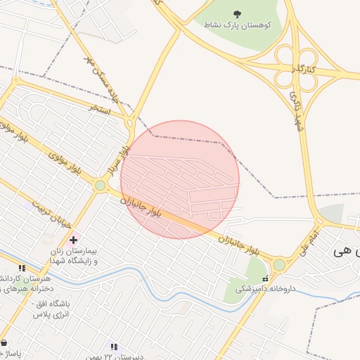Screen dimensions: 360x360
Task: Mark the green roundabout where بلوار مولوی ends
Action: (101, 186)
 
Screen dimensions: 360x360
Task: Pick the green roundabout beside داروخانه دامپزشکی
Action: (279, 264)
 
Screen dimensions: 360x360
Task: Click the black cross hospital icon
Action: (73, 240)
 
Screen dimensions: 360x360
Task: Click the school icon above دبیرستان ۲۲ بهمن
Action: (114, 347)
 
